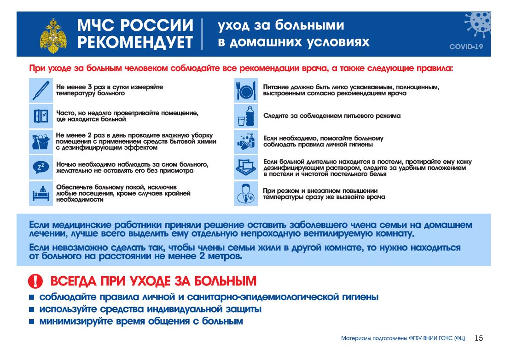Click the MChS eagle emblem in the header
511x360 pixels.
(53, 35)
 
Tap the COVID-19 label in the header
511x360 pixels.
(466, 47)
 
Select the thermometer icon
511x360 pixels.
(41, 90)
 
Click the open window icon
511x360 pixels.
(41, 116)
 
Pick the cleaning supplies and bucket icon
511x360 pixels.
(41, 141)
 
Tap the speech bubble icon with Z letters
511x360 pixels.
(41, 167)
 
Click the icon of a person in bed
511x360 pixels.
(41, 193)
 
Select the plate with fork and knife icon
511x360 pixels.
(246, 90)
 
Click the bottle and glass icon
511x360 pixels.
(246, 116)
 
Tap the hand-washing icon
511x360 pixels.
(246, 141)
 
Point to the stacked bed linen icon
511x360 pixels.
(246, 167)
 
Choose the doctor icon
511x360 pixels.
(246, 193)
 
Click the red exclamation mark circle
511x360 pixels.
(35, 281)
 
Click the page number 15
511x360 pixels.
(479, 338)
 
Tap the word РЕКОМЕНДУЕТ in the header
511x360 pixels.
(135, 42)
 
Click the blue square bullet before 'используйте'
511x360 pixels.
(31, 309)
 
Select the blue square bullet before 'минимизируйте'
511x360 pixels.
(31, 322)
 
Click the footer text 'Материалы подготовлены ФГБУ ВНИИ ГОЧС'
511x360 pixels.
(403, 338)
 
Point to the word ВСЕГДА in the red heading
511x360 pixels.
(74, 281)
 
